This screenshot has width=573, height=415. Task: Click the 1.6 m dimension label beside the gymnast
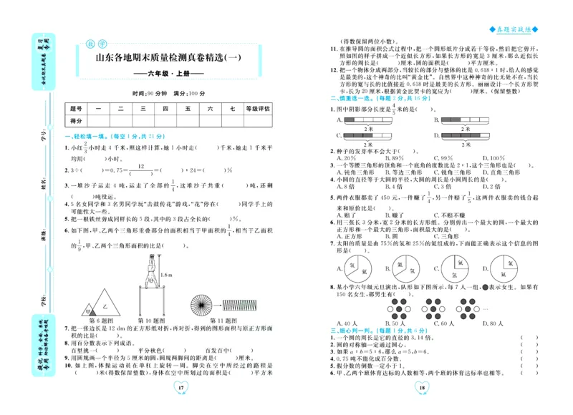coord(166,274)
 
